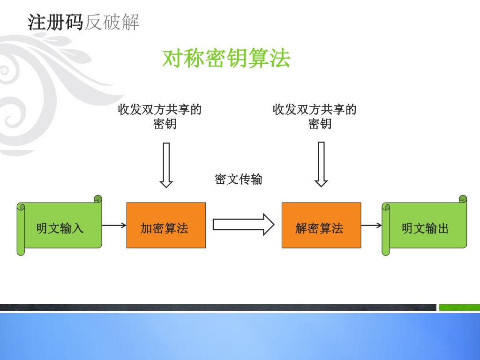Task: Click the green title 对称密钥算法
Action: pyautogui.click(x=226, y=59)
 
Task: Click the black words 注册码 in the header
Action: pyautogui.click(x=55, y=22)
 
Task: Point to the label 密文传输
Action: pyautogui.click(x=239, y=179)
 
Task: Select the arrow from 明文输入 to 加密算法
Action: pyautogui.click(x=114, y=225)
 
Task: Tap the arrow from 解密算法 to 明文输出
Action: pyautogui.click(x=371, y=225)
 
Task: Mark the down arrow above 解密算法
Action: pyautogui.click(x=321, y=164)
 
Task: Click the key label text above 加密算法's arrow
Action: pyautogui.click(x=160, y=116)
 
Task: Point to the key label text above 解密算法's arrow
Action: pyautogui.click(x=315, y=116)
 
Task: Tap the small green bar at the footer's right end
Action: pyautogui.click(x=459, y=307)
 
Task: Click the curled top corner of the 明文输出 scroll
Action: pyautogui.click(x=462, y=199)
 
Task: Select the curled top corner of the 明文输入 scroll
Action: pyautogui.click(x=97, y=199)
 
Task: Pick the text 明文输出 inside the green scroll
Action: pyautogui.click(x=425, y=228)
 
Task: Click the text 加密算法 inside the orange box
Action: pyautogui.click(x=164, y=228)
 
